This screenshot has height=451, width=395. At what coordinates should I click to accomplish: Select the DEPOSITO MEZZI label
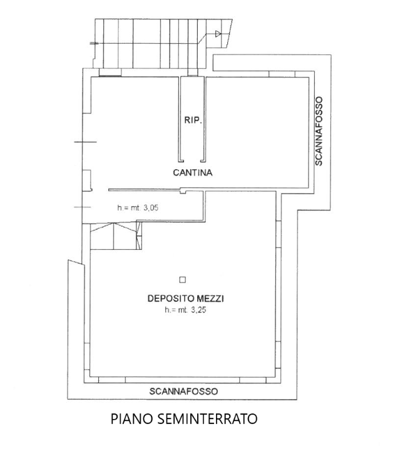(x=186, y=299)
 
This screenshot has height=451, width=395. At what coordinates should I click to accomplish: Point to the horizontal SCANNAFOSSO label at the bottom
(x=183, y=391)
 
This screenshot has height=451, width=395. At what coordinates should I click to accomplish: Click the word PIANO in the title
(x=128, y=418)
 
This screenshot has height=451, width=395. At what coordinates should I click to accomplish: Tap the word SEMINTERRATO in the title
(x=204, y=418)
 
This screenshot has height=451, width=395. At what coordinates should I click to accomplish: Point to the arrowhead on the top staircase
(x=218, y=34)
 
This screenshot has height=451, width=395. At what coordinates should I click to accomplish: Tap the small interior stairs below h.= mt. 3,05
(x=116, y=236)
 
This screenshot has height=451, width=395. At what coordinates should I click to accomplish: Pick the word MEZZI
(x=210, y=299)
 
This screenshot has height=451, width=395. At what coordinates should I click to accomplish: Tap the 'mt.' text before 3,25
(x=182, y=309)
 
